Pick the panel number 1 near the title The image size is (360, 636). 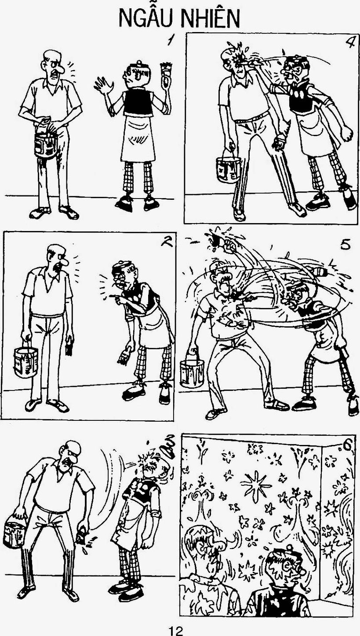pyautogui.click(x=171, y=40)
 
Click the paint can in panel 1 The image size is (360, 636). pyautogui.click(x=45, y=144)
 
